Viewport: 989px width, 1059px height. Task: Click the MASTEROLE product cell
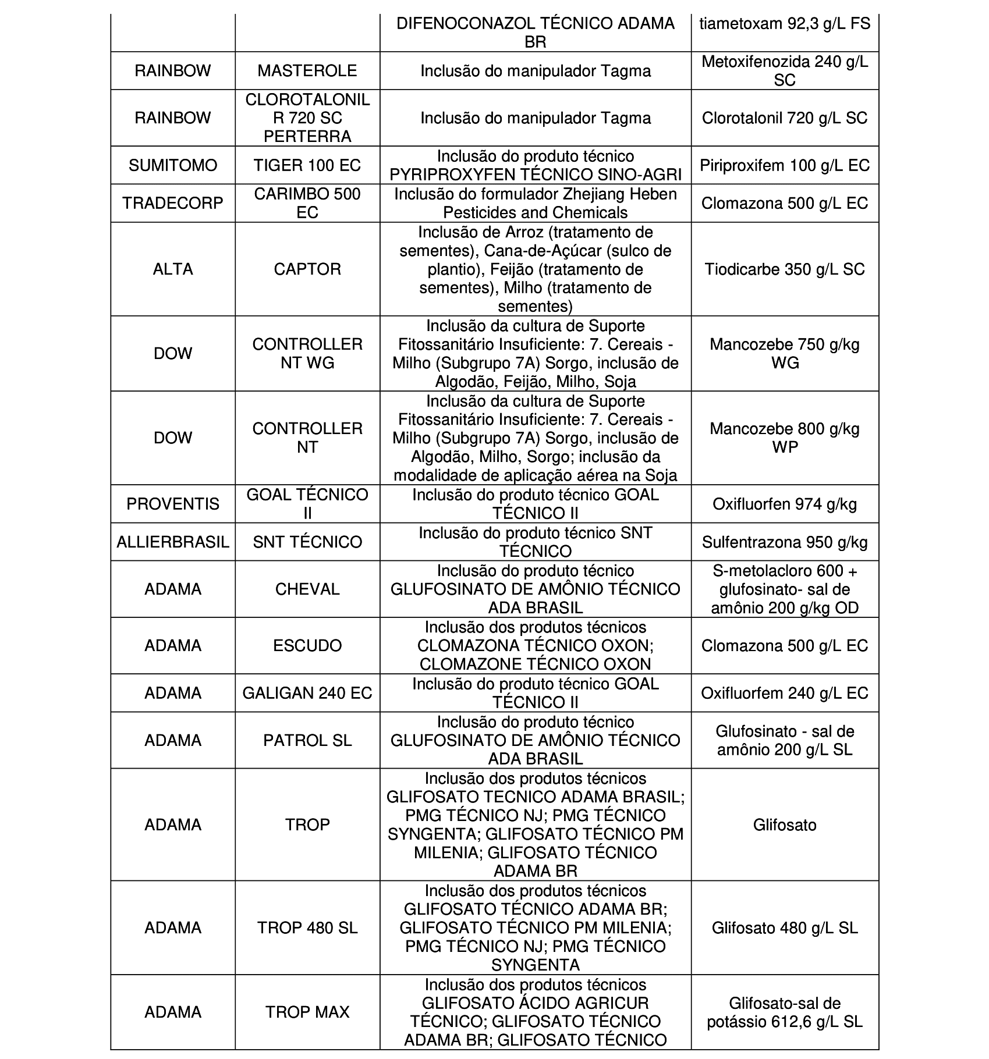pos(307,71)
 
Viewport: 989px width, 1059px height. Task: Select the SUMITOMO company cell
pos(172,165)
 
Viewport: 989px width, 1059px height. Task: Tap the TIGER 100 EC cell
pos(307,165)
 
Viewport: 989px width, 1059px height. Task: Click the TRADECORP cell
pos(172,203)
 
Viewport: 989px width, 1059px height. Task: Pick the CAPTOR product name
pos(307,269)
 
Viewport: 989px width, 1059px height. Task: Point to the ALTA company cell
pos(172,269)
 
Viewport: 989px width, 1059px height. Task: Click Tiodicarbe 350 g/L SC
pos(784,269)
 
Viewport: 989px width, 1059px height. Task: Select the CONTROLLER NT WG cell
pos(307,354)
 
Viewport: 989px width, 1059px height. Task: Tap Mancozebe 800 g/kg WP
pos(784,438)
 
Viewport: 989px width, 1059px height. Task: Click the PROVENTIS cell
pos(172,504)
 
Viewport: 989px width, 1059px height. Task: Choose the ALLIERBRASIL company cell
pos(172,542)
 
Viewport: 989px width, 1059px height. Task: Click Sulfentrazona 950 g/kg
pos(784,542)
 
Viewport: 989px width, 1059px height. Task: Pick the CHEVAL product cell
pos(307,589)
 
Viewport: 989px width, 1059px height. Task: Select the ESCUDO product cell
pos(307,645)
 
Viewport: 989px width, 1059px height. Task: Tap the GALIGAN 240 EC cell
pos(307,693)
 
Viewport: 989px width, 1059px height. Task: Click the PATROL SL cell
pos(307,740)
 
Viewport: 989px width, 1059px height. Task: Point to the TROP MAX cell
pos(307,1012)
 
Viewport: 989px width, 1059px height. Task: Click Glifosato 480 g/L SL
pos(784,927)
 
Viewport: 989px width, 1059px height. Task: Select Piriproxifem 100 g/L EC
pos(784,165)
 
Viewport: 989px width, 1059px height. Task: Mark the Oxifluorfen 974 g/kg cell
pos(784,504)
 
